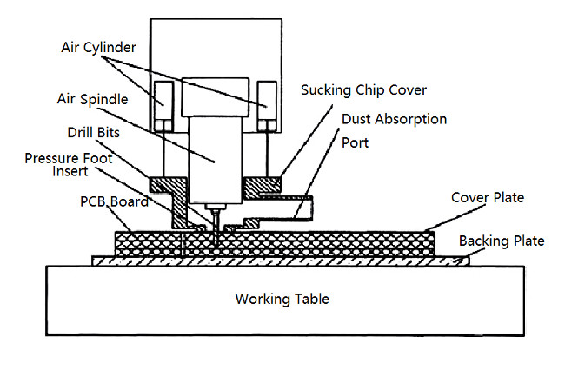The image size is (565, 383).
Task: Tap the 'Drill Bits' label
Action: pos(93,134)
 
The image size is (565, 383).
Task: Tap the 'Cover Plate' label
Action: pos(487,198)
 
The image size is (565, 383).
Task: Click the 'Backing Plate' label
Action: pos(502,241)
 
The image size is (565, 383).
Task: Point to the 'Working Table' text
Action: pos(282,299)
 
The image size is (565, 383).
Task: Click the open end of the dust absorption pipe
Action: pos(307,207)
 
